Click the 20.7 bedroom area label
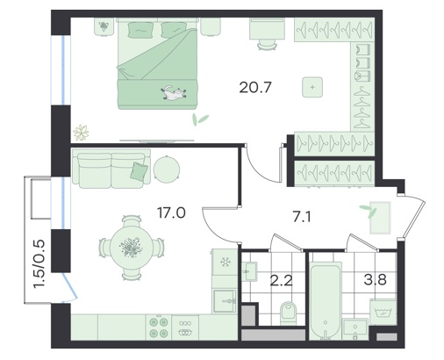(255, 87)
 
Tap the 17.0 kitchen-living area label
(171, 212)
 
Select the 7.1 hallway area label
(301, 218)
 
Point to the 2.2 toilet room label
(281, 281)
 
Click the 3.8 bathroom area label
(375, 279)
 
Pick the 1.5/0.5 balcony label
(39, 264)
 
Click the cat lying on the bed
(174, 92)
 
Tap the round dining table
(132, 248)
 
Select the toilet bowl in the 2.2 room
(289, 313)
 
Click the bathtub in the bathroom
(326, 301)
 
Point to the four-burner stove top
(159, 328)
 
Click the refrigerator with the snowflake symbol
(225, 262)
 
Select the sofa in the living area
(111, 168)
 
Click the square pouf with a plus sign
(312, 87)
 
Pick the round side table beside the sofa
(167, 169)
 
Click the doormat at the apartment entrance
(380, 218)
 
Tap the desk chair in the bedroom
(267, 45)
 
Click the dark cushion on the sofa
(139, 170)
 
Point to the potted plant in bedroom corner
(81, 133)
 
